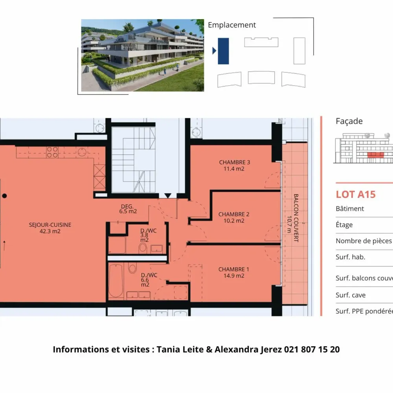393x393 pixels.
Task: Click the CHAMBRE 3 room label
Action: click(234, 162)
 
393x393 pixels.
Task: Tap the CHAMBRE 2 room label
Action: click(233, 214)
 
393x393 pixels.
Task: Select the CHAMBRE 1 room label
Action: click(233, 269)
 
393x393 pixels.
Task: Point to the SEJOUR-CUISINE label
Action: click(50, 225)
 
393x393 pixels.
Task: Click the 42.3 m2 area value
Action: click(50, 231)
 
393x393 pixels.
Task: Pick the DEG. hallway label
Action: click(127, 206)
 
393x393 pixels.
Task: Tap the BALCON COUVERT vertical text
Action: click(296, 218)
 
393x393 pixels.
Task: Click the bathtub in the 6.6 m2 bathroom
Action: click(116, 281)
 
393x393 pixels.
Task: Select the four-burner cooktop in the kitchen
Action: click(52, 152)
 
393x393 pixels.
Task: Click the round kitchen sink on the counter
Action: click(82, 152)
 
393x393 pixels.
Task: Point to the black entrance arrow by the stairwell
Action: click(168, 196)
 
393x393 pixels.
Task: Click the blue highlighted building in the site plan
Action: click(223, 51)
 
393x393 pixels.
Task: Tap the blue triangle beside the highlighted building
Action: click(214, 51)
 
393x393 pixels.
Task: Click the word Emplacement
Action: click(232, 25)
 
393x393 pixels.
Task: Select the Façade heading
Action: click(349, 121)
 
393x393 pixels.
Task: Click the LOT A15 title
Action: click(356, 195)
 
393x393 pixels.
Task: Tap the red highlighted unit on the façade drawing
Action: click(376, 154)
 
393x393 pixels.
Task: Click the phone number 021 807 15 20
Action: click(312, 349)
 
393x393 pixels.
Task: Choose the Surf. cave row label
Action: click(351, 295)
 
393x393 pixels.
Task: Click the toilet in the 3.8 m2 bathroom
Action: click(143, 248)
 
